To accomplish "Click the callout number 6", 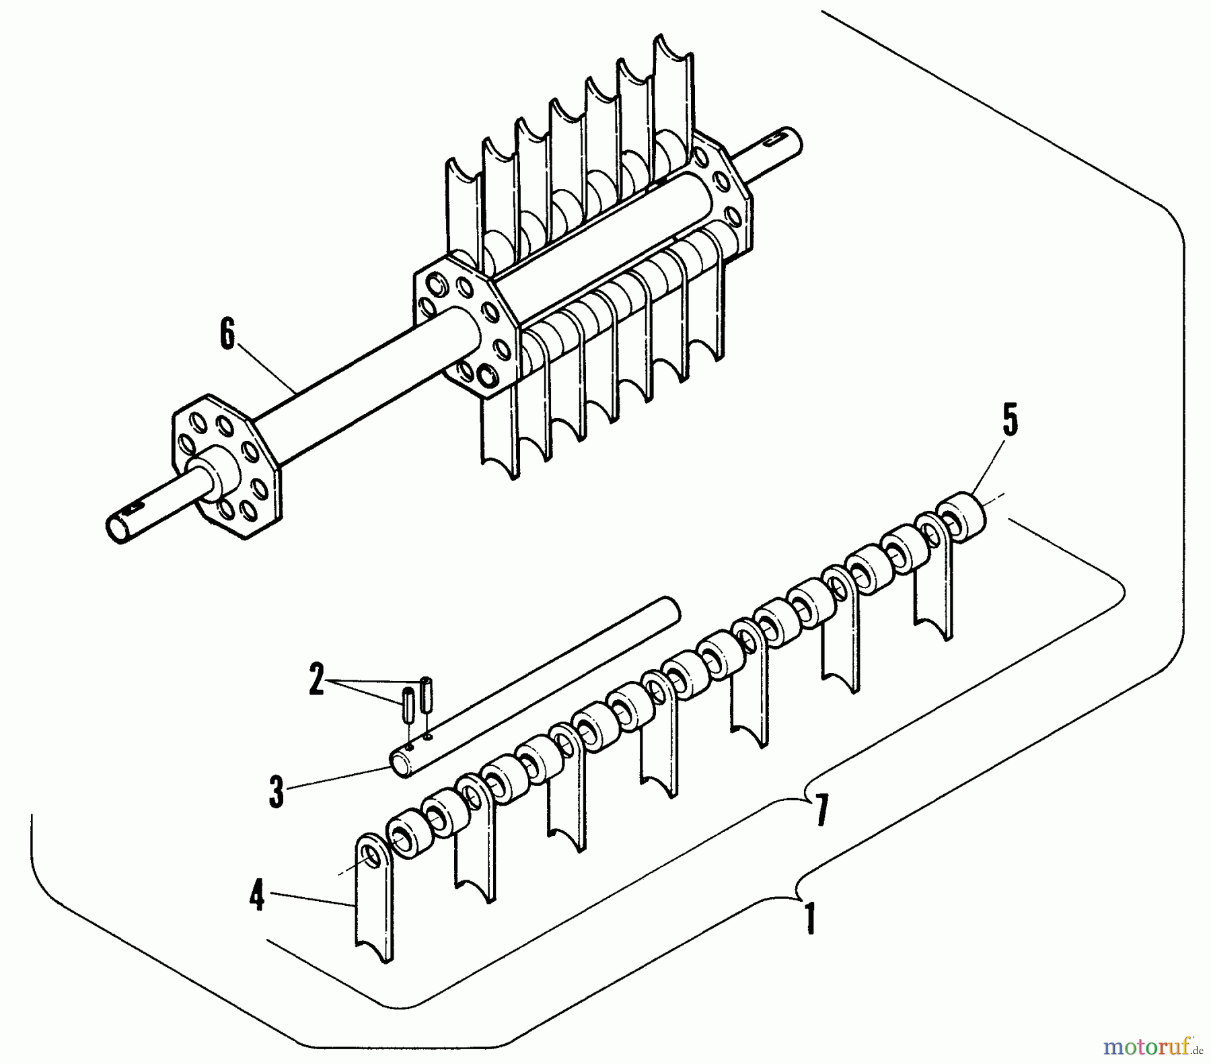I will click(x=228, y=334).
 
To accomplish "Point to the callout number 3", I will click(x=277, y=792).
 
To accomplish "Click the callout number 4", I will click(x=256, y=898).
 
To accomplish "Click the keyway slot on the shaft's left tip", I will click(x=137, y=503).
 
